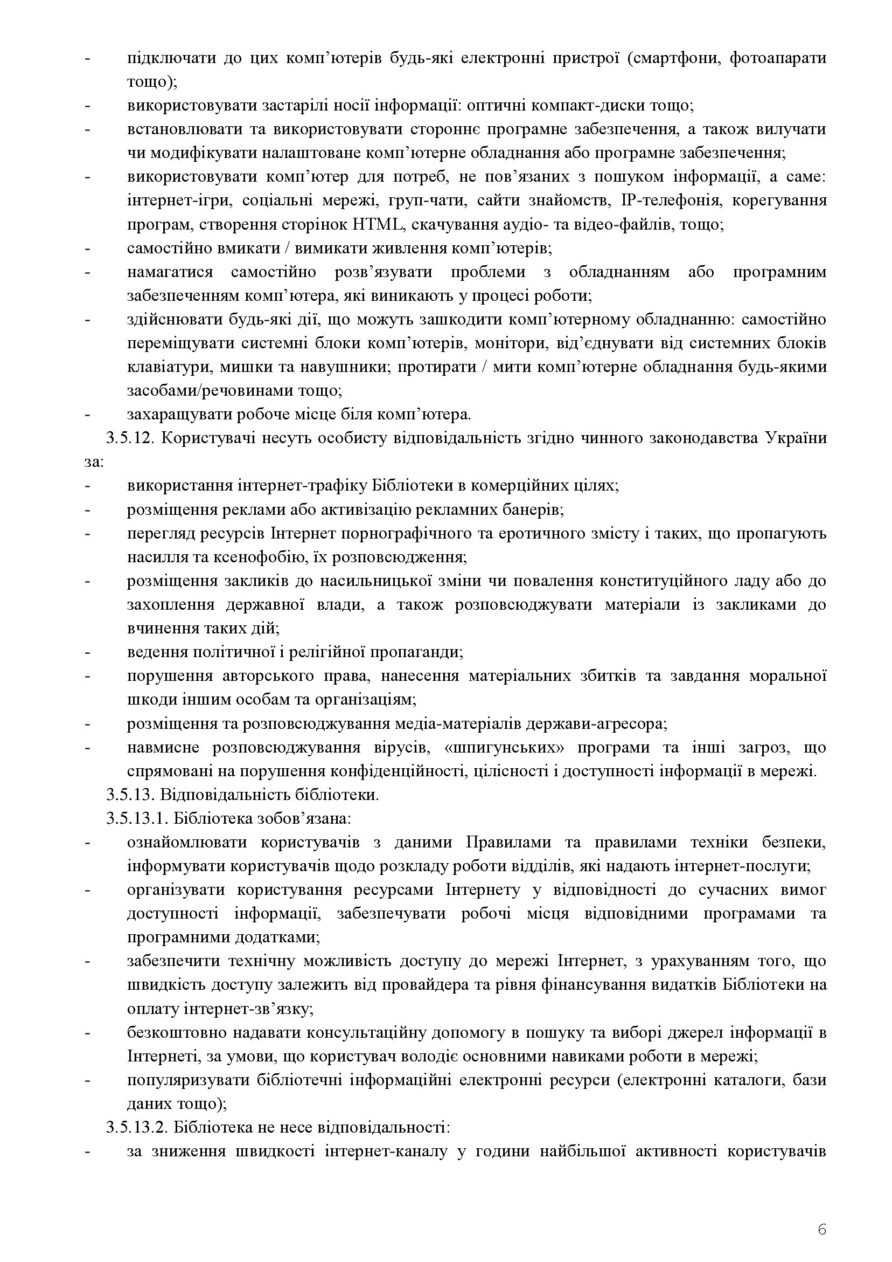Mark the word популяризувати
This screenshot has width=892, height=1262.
click(187, 1080)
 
